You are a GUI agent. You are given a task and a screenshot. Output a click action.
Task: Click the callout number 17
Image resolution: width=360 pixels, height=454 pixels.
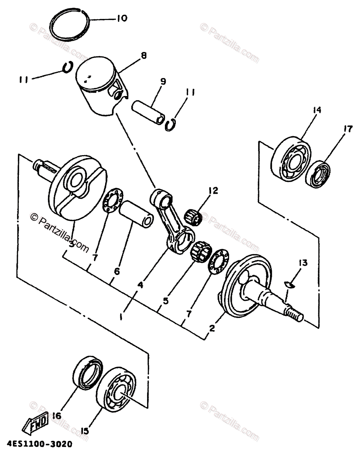348,130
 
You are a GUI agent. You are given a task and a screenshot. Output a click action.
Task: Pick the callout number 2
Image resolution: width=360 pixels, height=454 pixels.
212,328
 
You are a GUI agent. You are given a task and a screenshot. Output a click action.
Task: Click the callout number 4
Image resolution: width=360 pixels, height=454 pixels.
140,286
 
